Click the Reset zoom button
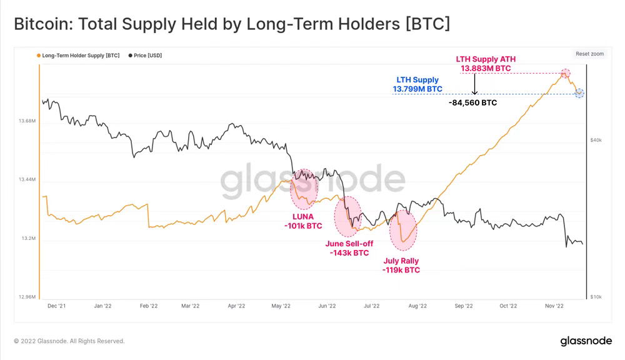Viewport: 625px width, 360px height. [589, 54]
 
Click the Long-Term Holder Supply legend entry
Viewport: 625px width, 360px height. [81, 56]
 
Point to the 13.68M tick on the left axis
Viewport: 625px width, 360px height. [27, 121]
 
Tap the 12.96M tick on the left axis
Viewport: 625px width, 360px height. [27, 297]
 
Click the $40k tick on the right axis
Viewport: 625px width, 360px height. [596, 140]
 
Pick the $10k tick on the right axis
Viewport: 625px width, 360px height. [596, 296]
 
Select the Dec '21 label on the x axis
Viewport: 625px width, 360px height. [56, 306]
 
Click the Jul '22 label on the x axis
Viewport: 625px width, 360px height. [371, 306]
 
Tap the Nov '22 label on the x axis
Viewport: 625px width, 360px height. [554, 306]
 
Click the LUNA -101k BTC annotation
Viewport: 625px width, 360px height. [302, 221]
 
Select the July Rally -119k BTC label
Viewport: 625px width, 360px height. [401, 266]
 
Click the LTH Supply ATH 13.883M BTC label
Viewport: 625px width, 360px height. [486, 64]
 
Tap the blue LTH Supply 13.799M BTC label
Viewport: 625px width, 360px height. [417, 85]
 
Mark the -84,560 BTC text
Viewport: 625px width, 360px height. [473, 102]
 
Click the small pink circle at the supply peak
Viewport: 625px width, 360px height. [565, 73]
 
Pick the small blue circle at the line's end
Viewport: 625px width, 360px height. [579, 93]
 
